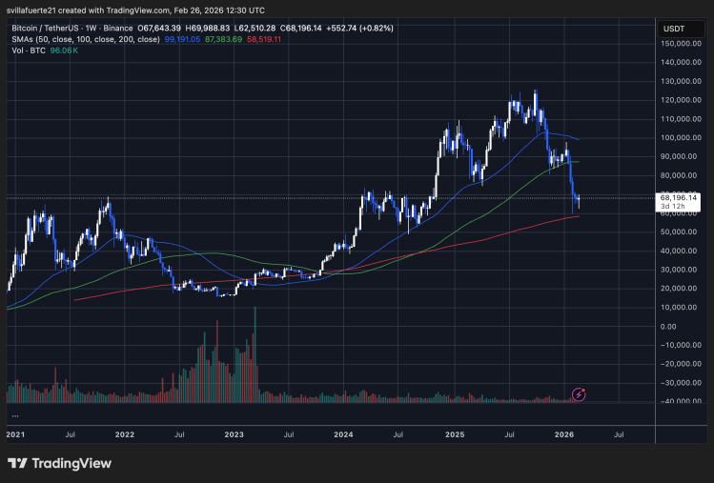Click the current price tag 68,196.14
pyautogui.click(x=680, y=197)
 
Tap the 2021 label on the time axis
pyautogui.click(x=16, y=434)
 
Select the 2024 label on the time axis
pyautogui.click(x=344, y=434)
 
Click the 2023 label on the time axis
pyautogui.click(x=235, y=434)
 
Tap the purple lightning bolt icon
pyautogui.click(x=578, y=393)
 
